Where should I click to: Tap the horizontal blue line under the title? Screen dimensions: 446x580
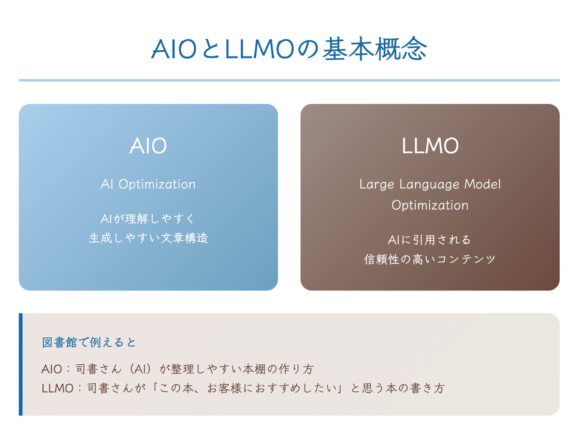[289, 80]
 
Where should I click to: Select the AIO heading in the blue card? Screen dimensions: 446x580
[148, 146]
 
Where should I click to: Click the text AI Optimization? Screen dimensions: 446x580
[148, 184]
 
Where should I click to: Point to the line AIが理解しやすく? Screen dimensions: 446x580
[148, 218]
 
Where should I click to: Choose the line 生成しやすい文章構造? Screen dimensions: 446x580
[148, 238]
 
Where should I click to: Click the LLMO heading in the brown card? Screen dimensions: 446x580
[430, 146]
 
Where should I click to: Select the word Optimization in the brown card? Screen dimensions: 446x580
[430, 205]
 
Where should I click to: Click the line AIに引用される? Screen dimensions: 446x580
[430, 239]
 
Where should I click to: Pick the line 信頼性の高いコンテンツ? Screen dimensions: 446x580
[430, 259]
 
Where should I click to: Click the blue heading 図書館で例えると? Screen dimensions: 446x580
[89, 343]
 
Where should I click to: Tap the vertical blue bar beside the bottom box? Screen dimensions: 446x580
[21, 364]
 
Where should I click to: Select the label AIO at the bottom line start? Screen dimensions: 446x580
[52, 370]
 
